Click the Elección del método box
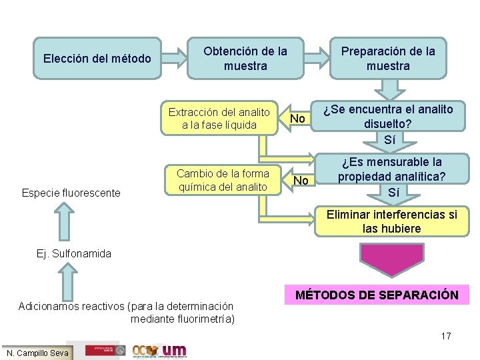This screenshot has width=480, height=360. (x=97, y=59)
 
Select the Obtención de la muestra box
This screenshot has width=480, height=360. (x=245, y=59)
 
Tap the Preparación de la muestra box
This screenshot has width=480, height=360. (x=388, y=59)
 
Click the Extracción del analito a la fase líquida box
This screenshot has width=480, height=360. (x=219, y=118)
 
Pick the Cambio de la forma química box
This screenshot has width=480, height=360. (x=223, y=180)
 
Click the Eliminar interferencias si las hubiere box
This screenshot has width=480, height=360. (x=391, y=221)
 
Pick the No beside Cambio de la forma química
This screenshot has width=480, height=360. (x=301, y=181)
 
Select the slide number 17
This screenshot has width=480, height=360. (x=446, y=336)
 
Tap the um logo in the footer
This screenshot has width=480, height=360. (x=174, y=350)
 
